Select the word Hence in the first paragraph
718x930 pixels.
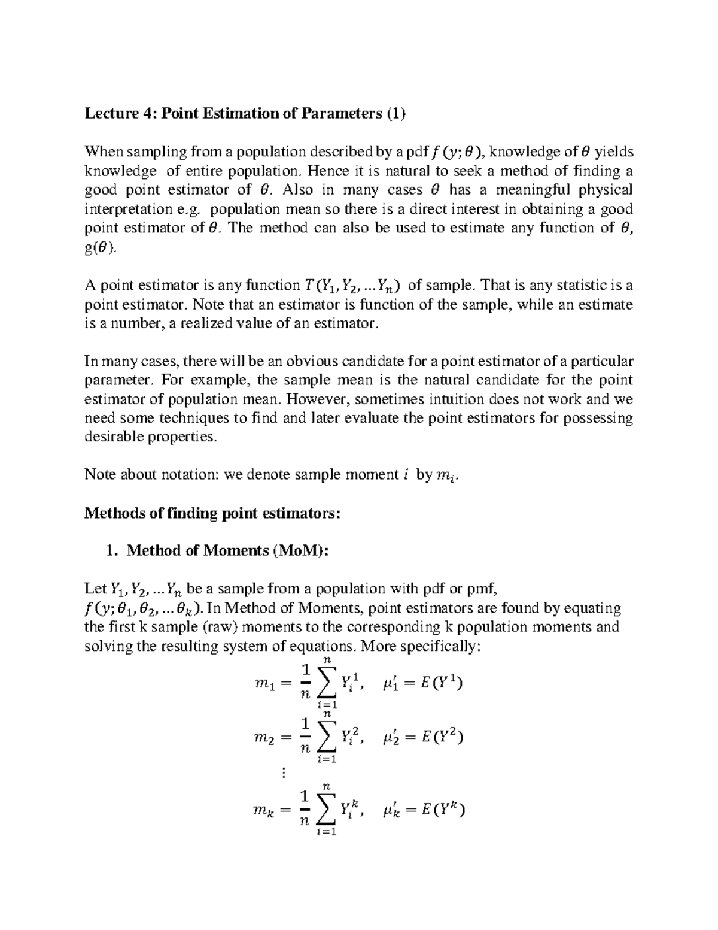316,171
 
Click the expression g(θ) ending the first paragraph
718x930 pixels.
98,248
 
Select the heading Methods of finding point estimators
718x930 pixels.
212,514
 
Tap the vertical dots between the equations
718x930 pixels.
284,774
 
